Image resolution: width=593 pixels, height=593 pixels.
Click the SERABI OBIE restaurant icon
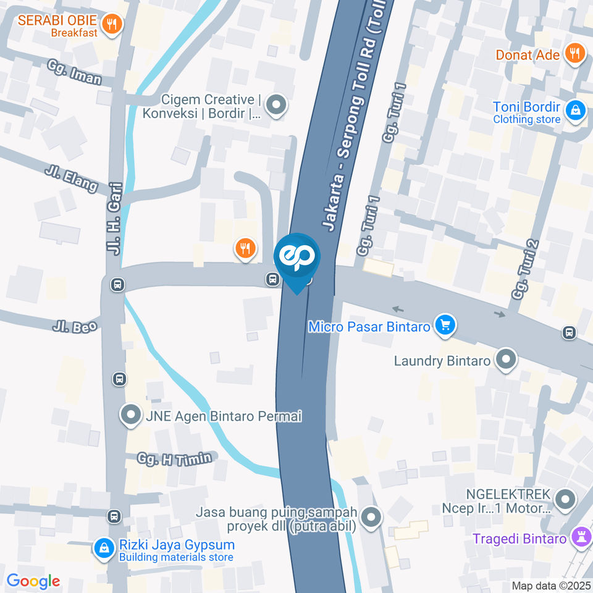pyautogui.click(x=112, y=24)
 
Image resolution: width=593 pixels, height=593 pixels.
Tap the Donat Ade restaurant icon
pyautogui.click(x=574, y=54)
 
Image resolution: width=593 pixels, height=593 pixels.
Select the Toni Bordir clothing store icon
pyautogui.click(x=575, y=111)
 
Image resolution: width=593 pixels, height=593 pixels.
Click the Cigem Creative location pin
pyautogui.click(x=275, y=105)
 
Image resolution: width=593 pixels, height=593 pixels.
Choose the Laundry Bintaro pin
pyautogui.click(x=506, y=360)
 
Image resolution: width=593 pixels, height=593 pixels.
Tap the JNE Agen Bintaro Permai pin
pyautogui.click(x=131, y=415)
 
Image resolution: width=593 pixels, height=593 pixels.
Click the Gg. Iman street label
pyautogui.click(x=74, y=72)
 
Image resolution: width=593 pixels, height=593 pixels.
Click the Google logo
pyautogui.click(x=33, y=581)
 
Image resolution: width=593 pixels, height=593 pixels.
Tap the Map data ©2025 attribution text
pyautogui.click(x=551, y=585)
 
